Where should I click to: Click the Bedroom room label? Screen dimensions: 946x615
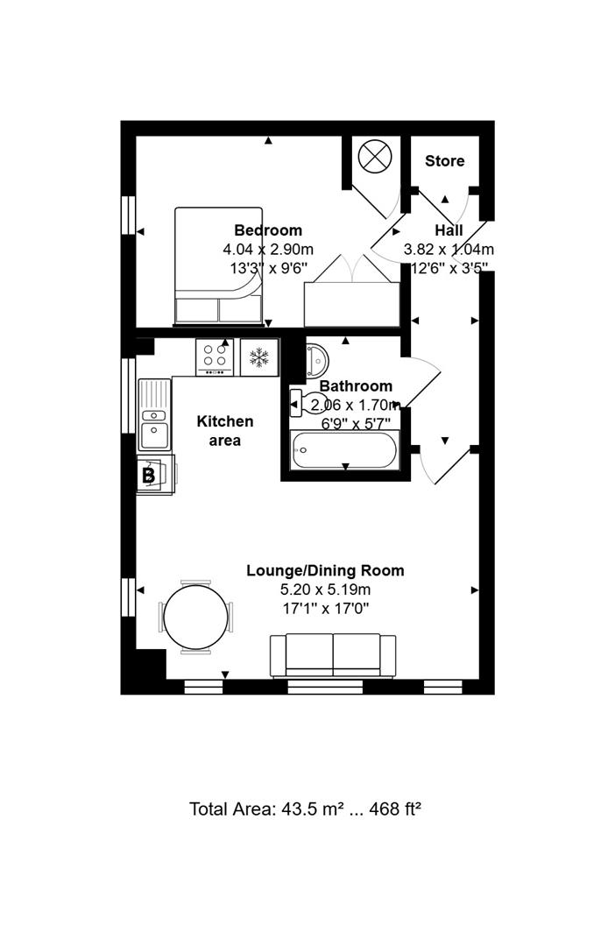268,230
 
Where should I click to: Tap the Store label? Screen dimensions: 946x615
444,161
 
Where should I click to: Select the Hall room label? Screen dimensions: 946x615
449,230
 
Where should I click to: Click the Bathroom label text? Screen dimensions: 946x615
355,386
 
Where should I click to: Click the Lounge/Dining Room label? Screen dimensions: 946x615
325,570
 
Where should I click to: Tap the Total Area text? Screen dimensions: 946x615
306,808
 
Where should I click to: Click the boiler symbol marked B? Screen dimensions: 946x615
149,476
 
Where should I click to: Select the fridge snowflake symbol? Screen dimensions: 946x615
258,357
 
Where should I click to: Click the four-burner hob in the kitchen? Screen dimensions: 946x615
215,357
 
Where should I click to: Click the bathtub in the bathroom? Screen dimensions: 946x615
344,452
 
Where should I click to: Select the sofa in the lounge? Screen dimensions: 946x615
332,655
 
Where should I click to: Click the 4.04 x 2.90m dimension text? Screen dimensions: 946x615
268,250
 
